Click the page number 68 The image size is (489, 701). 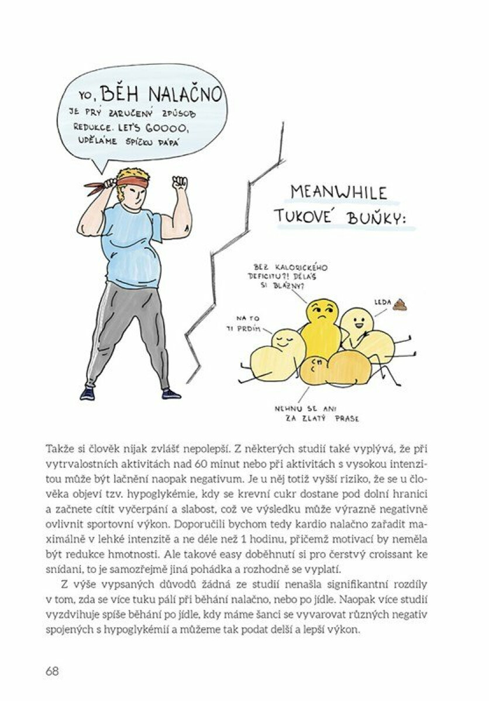[53, 671]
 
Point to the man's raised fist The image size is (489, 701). [180, 182]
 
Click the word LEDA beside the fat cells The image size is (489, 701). [381, 303]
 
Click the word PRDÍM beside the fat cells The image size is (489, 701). [249, 328]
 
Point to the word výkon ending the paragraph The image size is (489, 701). [342, 632]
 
